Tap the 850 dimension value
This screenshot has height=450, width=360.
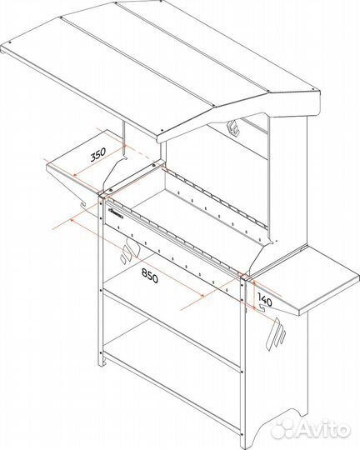[149, 277]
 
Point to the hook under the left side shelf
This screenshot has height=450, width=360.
[83, 203]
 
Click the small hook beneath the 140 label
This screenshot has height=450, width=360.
[262, 307]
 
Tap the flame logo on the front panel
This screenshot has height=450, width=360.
[129, 251]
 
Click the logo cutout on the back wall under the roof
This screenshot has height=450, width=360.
[233, 127]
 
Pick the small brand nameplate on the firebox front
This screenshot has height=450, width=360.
[116, 214]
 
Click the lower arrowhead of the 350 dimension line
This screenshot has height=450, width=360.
[74, 175]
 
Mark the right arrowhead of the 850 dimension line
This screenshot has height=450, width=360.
[202, 295]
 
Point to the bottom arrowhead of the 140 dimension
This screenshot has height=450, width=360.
[254, 308]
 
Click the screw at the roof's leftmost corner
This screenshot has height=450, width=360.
[11, 42]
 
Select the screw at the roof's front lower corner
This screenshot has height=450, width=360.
[162, 130]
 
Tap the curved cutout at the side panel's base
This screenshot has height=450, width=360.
[276, 422]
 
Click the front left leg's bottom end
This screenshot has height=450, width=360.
[102, 364]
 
